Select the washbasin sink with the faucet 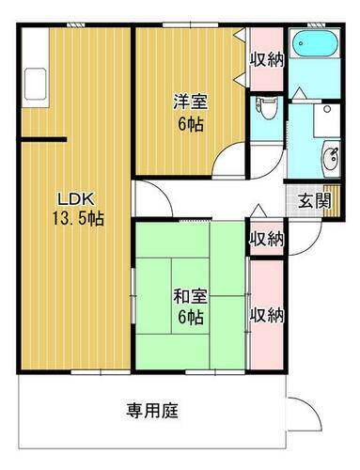pyautogui.click(x=332, y=159)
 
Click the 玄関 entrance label pyautogui.click(x=312, y=200)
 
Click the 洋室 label pyautogui.click(x=189, y=101)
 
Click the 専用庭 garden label pyautogui.click(x=152, y=410)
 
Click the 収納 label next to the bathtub pyautogui.click(x=266, y=58)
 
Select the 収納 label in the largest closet pyautogui.click(x=266, y=314)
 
